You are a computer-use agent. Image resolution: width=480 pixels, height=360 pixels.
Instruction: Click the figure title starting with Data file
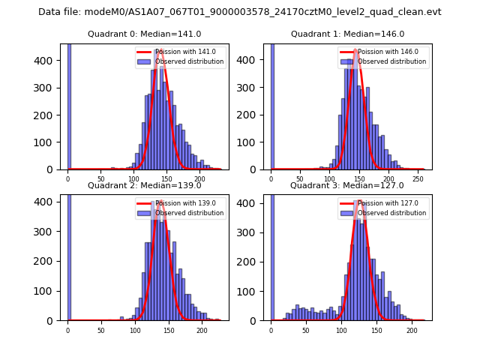point(240,12)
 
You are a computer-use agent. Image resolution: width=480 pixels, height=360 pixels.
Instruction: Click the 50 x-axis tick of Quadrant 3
point(306,330)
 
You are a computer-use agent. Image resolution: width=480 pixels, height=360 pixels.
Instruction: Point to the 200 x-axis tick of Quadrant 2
point(202,330)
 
